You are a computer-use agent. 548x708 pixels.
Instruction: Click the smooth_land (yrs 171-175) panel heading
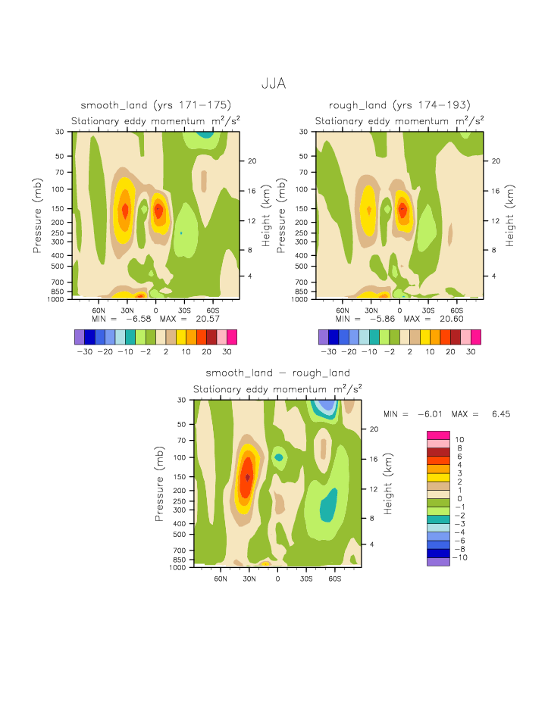tap(155, 104)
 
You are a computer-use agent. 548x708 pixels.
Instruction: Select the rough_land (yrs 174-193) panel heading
tap(399, 104)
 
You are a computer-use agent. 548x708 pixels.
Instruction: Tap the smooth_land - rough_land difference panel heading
tap(277, 373)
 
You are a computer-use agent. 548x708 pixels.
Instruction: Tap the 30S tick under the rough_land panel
tap(428, 310)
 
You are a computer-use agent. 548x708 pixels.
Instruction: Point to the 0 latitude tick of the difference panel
tap(277, 578)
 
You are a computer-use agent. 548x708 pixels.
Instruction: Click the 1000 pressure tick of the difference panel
tap(178, 567)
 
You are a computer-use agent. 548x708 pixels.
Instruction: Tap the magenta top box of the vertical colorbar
tap(438, 435)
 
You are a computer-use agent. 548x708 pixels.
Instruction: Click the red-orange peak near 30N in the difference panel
tap(247, 477)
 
